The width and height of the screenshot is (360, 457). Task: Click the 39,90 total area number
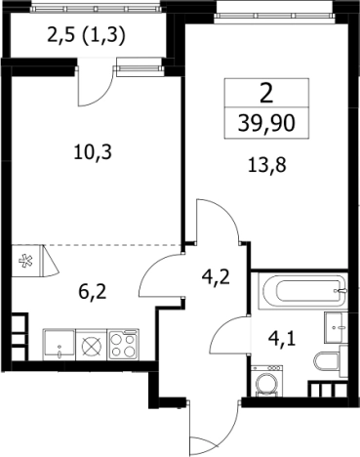coord(266,124)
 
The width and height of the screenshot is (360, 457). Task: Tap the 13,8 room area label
coord(266,165)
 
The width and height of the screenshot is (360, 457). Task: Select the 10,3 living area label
coord(93,152)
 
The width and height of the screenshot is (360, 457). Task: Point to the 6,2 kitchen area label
coord(93,293)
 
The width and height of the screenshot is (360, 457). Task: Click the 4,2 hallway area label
coord(216,277)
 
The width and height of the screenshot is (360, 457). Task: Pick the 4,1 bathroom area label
coord(282,339)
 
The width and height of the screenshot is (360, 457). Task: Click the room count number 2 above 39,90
coord(266,94)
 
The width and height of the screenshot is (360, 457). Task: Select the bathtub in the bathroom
coord(302,291)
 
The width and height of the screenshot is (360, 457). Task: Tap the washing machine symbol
coord(266,381)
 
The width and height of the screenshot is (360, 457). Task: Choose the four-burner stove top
coord(123,345)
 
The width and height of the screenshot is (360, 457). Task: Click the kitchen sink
coord(59,345)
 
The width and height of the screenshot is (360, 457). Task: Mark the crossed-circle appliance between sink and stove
coord(92,345)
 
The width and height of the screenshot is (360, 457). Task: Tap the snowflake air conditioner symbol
coord(25,261)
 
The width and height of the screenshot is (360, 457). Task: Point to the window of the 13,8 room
coord(275,16)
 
